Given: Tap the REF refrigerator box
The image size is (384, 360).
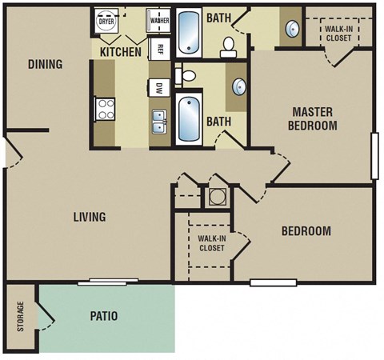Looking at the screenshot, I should [x=159, y=47].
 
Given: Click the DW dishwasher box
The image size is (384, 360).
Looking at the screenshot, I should [x=159, y=89].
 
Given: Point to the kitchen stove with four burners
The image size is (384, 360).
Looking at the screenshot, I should [x=105, y=108].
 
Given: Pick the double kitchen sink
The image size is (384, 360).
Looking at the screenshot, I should [x=159, y=122].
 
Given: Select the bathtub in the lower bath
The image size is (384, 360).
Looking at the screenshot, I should [x=190, y=118].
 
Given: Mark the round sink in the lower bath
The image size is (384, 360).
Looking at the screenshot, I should [x=238, y=86].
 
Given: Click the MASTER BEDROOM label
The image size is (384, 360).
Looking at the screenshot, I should [x=314, y=118].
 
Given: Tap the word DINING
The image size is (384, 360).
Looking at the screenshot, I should [x=45, y=64].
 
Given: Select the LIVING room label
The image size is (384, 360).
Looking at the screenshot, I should [x=90, y=217].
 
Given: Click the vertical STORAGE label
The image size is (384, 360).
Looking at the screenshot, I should [x=21, y=318].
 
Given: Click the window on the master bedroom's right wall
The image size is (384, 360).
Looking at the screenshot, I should [x=374, y=156].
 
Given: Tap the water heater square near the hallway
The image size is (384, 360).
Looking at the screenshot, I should [x=217, y=196].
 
